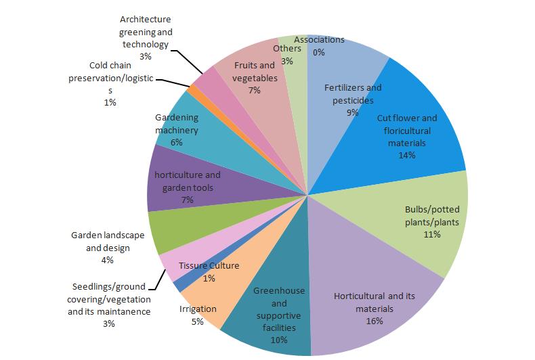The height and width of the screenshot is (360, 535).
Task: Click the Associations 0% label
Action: pos(320,45)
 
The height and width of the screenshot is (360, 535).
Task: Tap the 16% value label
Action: pos(374,321)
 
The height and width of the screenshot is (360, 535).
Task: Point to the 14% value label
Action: pos(407,154)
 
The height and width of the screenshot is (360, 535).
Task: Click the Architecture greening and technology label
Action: pos(145,38)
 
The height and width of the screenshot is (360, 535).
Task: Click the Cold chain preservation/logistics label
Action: pos(112,83)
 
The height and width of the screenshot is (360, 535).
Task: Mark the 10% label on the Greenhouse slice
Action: pos(279,340)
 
